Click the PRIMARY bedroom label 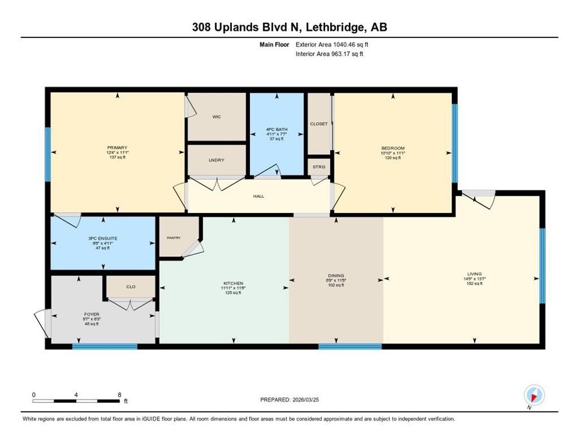(117, 148)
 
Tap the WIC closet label (216, 117)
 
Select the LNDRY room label (216, 160)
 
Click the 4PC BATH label (277, 129)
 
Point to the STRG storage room (319, 167)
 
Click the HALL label (259, 196)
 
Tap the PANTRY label (174, 237)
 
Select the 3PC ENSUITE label (103, 239)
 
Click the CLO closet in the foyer (130, 287)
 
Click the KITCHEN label (232, 283)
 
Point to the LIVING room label (475, 274)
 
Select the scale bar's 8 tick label (119, 394)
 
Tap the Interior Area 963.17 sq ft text (331, 54)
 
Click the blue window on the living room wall (542, 266)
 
